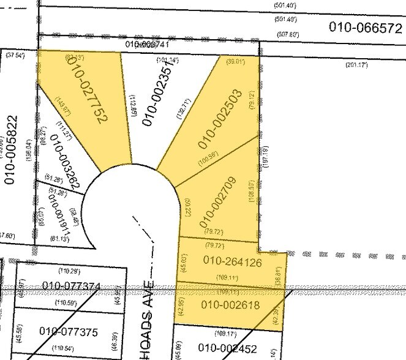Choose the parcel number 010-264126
[x=233, y=261]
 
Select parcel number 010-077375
[x=68, y=332]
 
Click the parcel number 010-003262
[x=63, y=159]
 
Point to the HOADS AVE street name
[x=153, y=318]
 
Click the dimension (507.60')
[x=290, y=34]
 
